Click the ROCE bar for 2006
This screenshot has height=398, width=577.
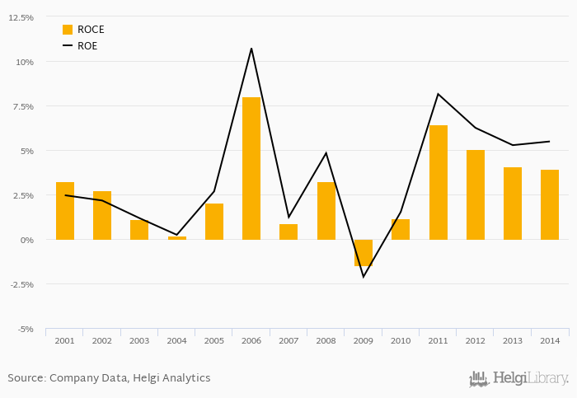click(x=251, y=168)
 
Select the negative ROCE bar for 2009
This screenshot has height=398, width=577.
click(x=364, y=253)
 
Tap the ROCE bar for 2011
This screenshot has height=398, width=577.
click(x=439, y=182)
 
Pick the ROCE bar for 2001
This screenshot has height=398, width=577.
click(x=65, y=211)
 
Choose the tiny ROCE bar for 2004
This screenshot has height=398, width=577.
click(x=177, y=238)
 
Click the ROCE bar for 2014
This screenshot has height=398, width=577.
click(x=550, y=204)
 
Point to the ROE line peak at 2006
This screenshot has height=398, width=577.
click(x=251, y=49)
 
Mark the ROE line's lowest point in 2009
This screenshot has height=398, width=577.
click(x=364, y=277)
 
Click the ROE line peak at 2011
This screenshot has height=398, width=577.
click(x=439, y=94)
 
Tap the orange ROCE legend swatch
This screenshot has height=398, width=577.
click(x=68, y=30)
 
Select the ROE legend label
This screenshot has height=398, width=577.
click(x=87, y=46)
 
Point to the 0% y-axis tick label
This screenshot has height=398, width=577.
click(x=26, y=240)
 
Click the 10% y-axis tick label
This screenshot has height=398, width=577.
click(x=24, y=62)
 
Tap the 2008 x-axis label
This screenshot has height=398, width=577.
click(x=326, y=340)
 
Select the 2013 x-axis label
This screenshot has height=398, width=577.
click(x=513, y=340)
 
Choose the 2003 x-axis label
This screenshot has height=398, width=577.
click(x=139, y=340)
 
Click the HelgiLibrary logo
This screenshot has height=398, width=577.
click(x=518, y=379)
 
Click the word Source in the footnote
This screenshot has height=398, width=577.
click(x=26, y=378)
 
